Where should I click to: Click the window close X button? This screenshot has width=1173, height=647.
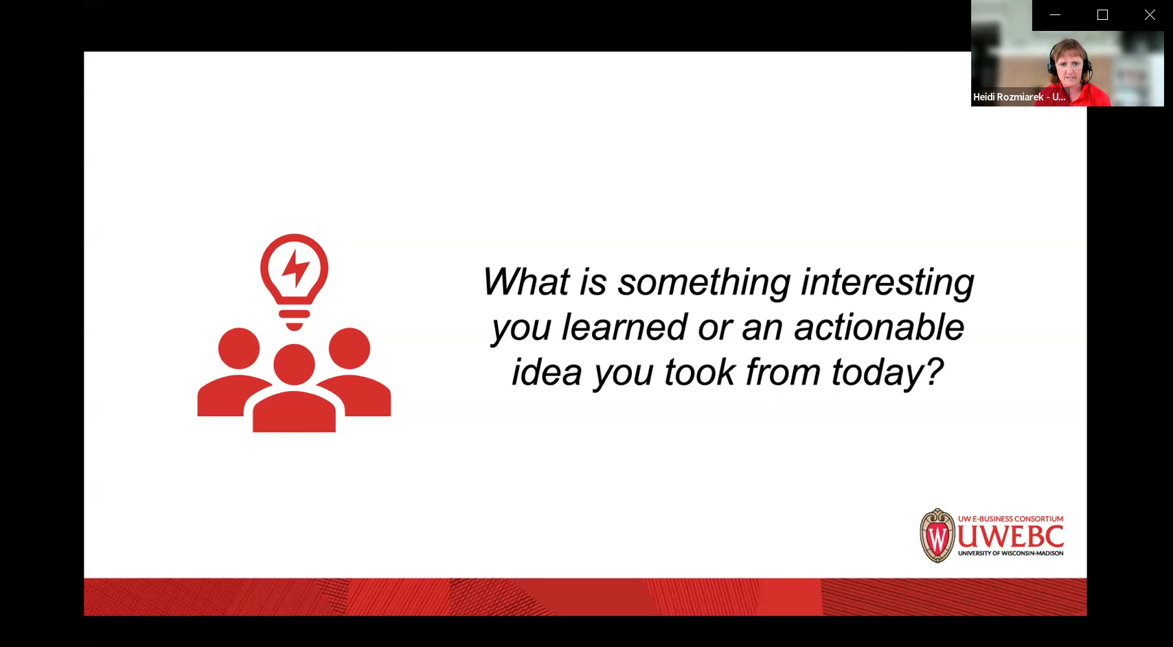[x=1150, y=15]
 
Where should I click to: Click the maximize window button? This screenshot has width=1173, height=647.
[x=1102, y=15]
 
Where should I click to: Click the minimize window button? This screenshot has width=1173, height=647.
[x=1055, y=15]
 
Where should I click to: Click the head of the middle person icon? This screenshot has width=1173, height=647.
[x=295, y=364]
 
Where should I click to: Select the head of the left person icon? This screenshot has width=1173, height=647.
[x=239, y=348]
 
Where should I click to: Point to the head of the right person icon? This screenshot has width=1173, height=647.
[x=350, y=348]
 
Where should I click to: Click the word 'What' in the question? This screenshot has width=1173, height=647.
[x=525, y=282]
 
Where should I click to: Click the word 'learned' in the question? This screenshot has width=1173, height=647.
[x=624, y=327]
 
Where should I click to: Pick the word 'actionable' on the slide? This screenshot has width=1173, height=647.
[x=879, y=327]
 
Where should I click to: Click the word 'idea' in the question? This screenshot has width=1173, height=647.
[x=547, y=372]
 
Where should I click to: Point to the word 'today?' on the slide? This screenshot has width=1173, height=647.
[x=887, y=373]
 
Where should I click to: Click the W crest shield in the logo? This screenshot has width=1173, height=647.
[x=937, y=536]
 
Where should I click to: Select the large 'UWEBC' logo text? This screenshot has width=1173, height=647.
[x=1011, y=536]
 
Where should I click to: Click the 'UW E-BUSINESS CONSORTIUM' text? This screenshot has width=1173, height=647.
[x=1011, y=519]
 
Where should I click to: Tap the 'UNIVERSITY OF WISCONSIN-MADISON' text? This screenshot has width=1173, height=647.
[x=1011, y=553]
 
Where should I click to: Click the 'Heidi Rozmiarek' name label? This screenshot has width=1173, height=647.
[x=1008, y=97]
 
